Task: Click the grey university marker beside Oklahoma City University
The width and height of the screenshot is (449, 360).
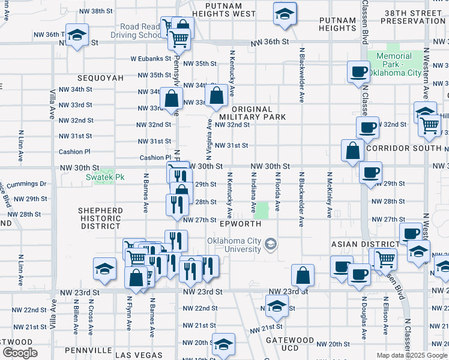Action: coord(272,243)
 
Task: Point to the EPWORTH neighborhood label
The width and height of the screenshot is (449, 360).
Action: coord(240,224)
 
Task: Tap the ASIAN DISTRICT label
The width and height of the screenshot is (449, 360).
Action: coord(365,244)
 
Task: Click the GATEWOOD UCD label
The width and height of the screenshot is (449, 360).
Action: coord(289,344)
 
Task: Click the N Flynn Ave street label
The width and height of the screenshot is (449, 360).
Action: coord(129,313)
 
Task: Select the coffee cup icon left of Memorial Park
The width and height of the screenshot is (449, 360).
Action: coord(358,72)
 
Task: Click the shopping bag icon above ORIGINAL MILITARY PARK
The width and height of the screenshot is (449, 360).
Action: coord(215,94)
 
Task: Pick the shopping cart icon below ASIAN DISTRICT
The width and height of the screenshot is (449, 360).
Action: coord(385,259)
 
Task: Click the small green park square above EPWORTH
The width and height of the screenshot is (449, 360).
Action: coord(262,210)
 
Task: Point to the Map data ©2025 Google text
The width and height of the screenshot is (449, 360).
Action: coord(412,355)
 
